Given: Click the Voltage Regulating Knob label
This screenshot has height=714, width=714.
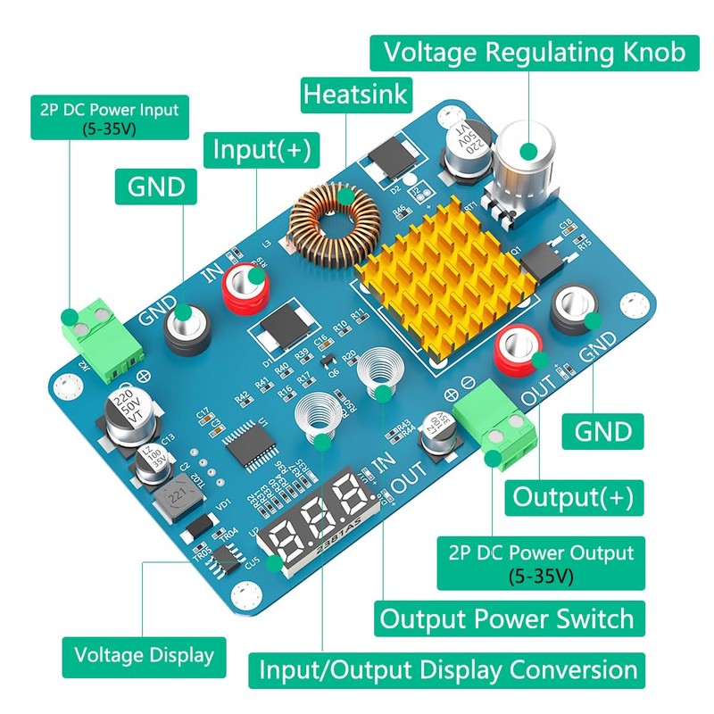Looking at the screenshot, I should coord(535,53).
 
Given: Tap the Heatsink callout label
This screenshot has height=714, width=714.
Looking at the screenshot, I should coord(356,94).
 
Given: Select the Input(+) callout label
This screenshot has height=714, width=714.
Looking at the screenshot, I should coord(262,150).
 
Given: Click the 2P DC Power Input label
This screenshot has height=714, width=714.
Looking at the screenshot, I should coord(109,119).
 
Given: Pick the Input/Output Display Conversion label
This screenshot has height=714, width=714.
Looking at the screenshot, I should coord(448,669).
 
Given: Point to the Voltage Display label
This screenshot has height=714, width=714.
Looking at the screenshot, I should coord(144,655).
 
